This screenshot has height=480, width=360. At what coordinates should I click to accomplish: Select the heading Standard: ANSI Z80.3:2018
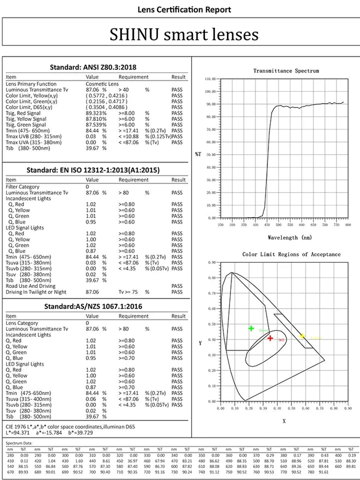click(93, 67)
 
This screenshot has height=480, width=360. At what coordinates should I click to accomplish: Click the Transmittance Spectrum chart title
click(285, 71)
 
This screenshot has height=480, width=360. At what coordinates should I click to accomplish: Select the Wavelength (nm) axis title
click(289, 237)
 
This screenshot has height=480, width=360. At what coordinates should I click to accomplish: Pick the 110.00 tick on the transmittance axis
click(209, 79)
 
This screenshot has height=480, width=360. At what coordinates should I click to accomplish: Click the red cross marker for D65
click(270, 338)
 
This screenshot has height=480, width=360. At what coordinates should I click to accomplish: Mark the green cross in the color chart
click(251, 328)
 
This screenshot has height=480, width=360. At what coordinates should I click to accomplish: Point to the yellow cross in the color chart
click(302, 336)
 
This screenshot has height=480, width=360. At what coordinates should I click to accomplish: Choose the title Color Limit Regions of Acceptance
click(291, 254)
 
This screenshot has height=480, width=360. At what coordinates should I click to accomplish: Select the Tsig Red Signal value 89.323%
click(96, 113)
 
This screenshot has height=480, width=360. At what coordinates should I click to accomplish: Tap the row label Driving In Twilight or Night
click(36, 292)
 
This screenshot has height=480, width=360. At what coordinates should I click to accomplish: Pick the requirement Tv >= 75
click(128, 292)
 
